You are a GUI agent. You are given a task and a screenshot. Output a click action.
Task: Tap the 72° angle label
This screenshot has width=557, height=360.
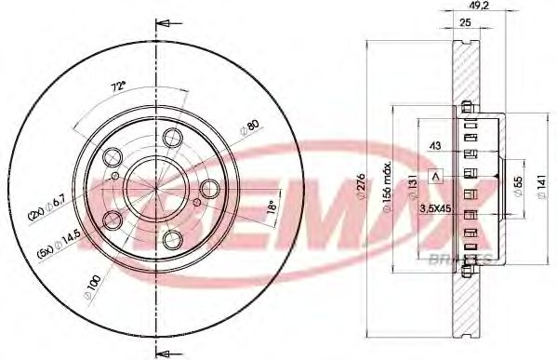point(118,87)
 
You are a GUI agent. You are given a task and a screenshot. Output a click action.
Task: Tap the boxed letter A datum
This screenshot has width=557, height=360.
point(433,174)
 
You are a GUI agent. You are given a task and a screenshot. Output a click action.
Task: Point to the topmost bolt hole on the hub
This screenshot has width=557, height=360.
point(172,138)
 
